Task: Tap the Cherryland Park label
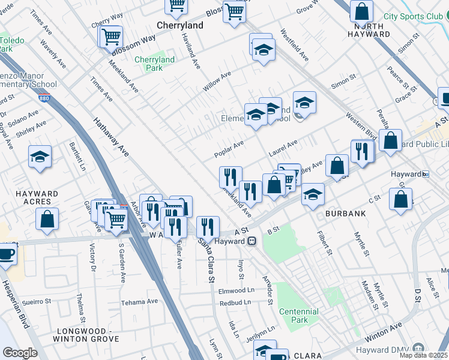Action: tap(154, 64)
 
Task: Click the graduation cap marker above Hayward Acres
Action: tap(40, 157)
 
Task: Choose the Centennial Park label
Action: tap(298, 316)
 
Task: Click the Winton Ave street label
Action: tap(383, 331)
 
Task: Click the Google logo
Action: tap(19, 353)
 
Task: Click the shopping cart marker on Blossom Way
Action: tap(111, 37)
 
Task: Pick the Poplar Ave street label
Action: tap(229, 149)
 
